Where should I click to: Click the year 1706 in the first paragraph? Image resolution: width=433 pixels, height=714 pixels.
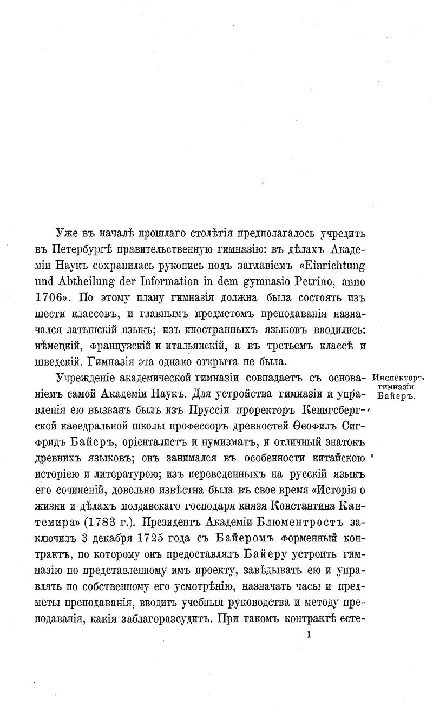click(x=69, y=298)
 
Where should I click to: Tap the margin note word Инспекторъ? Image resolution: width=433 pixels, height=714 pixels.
click(x=398, y=378)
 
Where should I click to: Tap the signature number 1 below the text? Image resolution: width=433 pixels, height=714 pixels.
click(x=308, y=636)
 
